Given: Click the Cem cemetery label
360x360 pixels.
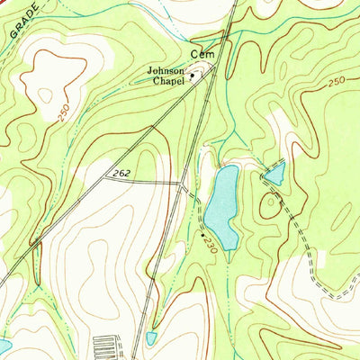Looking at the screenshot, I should [x=201, y=54].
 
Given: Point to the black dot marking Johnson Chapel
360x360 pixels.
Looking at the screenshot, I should [x=192, y=76].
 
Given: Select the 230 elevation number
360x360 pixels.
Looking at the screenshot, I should [x=208, y=244].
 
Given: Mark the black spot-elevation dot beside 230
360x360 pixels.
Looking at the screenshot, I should [x=201, y=234].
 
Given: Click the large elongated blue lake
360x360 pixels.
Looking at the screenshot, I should [x=221, y=205].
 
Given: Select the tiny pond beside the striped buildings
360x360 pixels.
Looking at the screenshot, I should [x=149, y=338].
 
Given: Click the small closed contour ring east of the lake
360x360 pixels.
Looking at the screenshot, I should [x=267, y=204].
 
